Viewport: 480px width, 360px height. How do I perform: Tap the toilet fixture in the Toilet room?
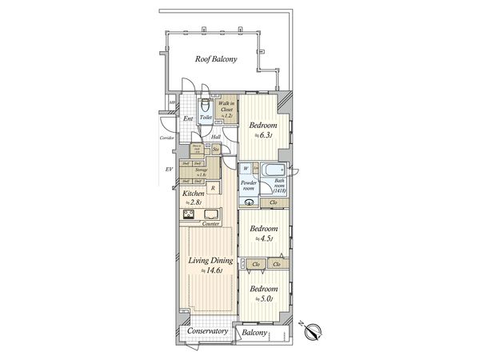click(x=205, y=106)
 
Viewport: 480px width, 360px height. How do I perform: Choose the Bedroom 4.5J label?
click(x=262, y=232)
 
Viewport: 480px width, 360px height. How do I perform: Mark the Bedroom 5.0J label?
click(x=262, y=293)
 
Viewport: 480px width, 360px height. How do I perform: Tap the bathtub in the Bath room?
click(x=274, y=171)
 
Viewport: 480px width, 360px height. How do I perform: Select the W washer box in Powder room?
click(x=246, y=169)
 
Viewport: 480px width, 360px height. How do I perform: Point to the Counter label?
click(x=211, y=224)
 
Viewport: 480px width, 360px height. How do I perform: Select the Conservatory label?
click(x=207, y=331)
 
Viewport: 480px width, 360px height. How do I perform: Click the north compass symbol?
click(x=313, y=330)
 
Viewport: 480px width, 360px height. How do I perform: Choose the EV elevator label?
click(x=169, y=170)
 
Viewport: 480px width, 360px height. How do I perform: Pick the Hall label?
click(x=216, y=137)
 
